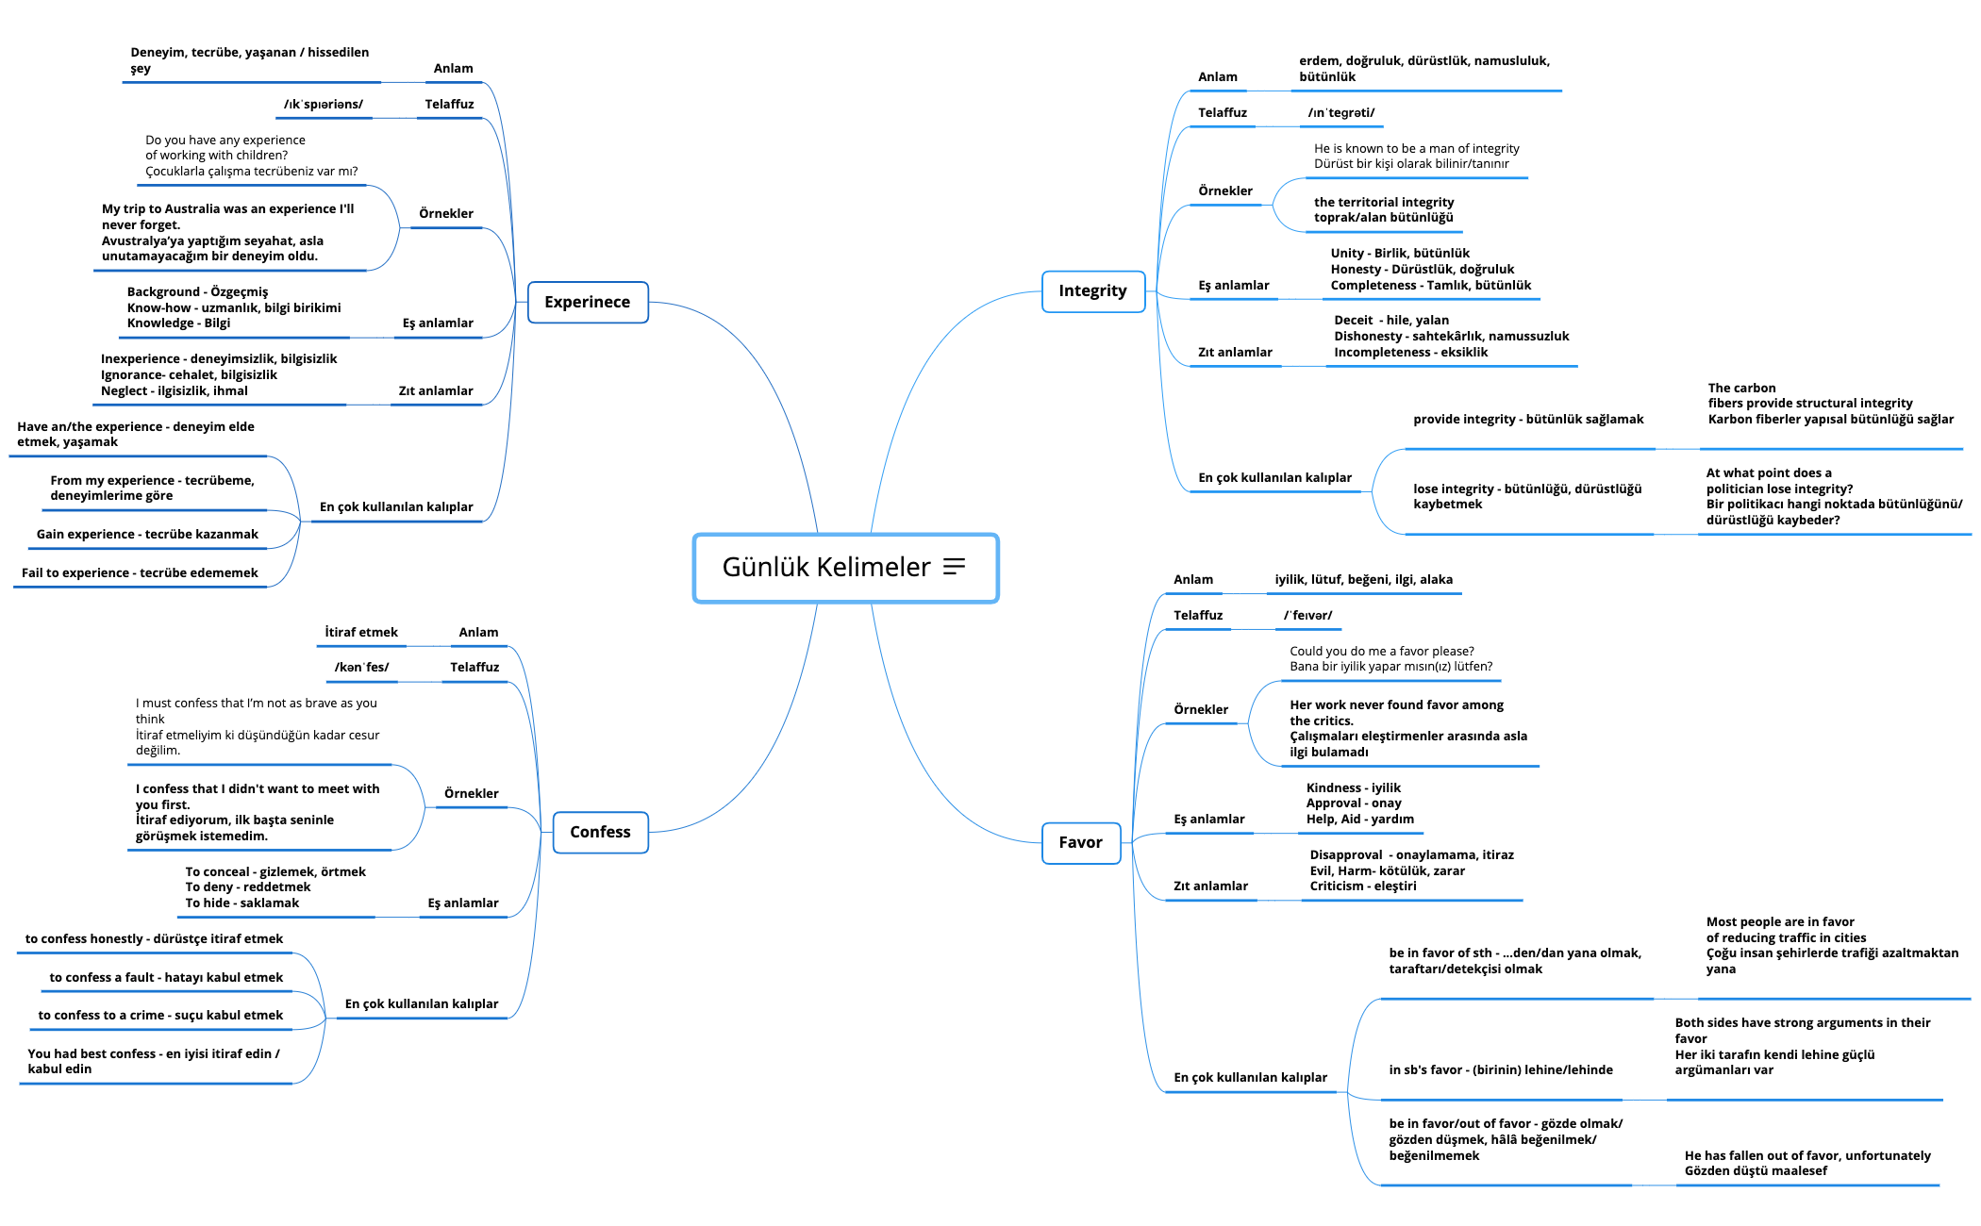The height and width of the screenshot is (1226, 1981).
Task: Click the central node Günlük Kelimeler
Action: tap(825, 567)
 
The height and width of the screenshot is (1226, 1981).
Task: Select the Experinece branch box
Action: tap(587, 302)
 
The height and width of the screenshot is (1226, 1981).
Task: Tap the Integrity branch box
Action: tap(1092, 290)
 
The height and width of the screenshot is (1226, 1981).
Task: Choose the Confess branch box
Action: tap(600, 832)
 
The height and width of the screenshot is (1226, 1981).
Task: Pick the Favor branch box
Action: tap(1080, 842)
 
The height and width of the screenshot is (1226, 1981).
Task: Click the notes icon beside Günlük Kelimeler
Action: tap(955, 566)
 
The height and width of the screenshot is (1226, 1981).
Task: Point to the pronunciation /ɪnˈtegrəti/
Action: tap(1340, 112)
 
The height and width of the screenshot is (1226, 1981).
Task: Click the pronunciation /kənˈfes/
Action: tap(361, 667)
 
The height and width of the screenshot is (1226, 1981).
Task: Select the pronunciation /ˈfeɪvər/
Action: tap(1307, 615)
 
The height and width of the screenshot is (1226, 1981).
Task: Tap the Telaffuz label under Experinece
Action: tap(449, 104)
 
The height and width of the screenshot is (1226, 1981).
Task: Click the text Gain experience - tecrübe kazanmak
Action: tap(147, 534)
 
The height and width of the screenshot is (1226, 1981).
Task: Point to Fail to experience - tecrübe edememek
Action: tap(140, 572)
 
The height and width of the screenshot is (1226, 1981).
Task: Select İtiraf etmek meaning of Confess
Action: tap(361, 632)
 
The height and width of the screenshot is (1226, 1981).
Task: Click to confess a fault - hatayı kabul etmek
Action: tap(166, 977)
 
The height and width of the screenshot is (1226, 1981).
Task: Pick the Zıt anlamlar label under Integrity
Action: tap(1235, 352)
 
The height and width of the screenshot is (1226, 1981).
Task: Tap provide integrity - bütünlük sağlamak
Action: tap(1528, 419)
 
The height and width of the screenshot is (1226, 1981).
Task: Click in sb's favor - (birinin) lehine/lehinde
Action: tap(1501, 1069)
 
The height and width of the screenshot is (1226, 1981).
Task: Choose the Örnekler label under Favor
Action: tap(1201, 709)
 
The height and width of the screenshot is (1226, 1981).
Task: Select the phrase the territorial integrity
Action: tap(1384, 202)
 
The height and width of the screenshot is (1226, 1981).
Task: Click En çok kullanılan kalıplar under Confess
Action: tap(422, 1003)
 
